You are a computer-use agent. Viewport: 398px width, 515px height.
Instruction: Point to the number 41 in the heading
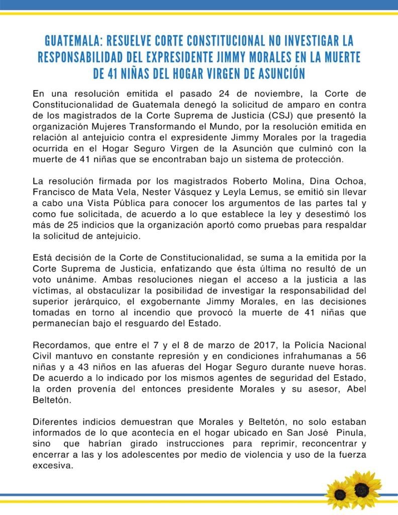[x=112, y=73]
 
